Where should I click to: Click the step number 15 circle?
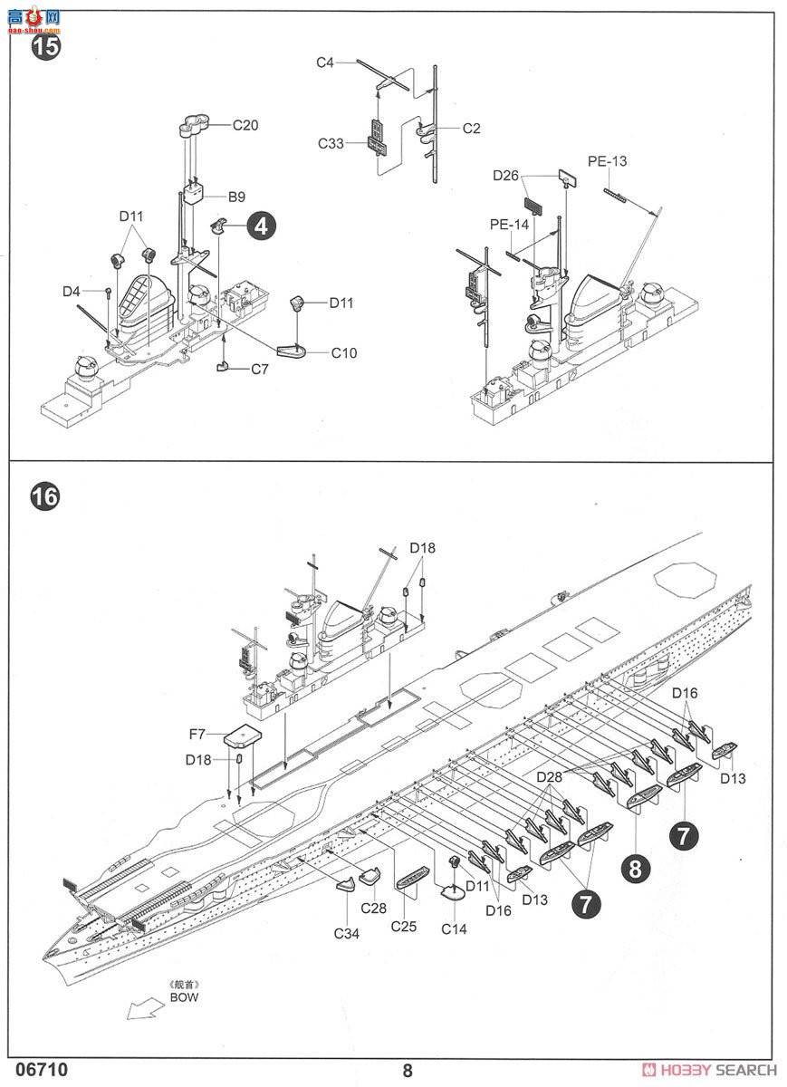tap(45, 46)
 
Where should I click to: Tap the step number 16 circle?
tap(45, 496)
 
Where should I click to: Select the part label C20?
tap(245, 125)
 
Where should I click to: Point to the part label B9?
tap(236, 197)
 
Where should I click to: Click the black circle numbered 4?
tap(262, 226)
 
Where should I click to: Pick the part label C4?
tap(325, 63)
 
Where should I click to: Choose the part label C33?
tap(331, 144)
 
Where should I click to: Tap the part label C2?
tap(471, 129)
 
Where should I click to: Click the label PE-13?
tap(607, 161)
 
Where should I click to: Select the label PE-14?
tap(509, 225)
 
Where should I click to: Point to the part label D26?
tap(505, 176)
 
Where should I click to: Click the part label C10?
tap(344, 353)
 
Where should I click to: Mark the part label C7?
tap(260, 370)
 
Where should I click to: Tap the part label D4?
tap(72, 292)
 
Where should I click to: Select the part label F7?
tap(197, 735)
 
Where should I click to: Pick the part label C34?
tap(347, 934)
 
